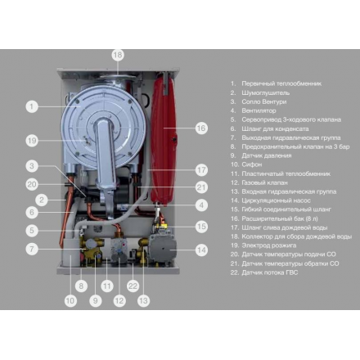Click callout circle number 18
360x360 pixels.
tap(118, 55)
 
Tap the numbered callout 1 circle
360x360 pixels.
tap(31, 106)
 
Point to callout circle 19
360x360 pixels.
tap(31, 140)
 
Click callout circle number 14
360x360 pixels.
tap(201, 250)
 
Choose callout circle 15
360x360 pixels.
tap(201, 226)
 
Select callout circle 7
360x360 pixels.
tap(31, 248)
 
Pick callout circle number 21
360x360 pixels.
tap(201, 187)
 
